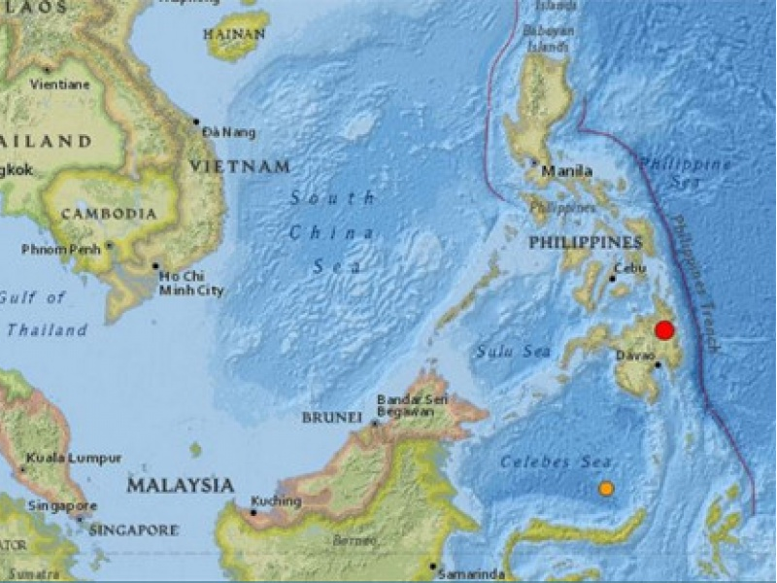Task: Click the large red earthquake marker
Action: point(664,329)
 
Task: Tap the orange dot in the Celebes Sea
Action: point(606,489)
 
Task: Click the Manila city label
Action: point(567,172)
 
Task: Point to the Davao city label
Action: point(634,355)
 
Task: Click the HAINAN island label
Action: point(234,34)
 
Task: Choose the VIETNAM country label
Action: point(239,167)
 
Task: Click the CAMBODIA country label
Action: point(108,213)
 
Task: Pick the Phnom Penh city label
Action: point(64,250)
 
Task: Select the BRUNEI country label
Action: point(331,417)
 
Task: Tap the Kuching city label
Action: point(276,501)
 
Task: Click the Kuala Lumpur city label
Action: point(74,458)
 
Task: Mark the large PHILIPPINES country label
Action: point(585,241)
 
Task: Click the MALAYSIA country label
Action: point(181,485)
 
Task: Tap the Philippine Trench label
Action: point(696,282)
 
